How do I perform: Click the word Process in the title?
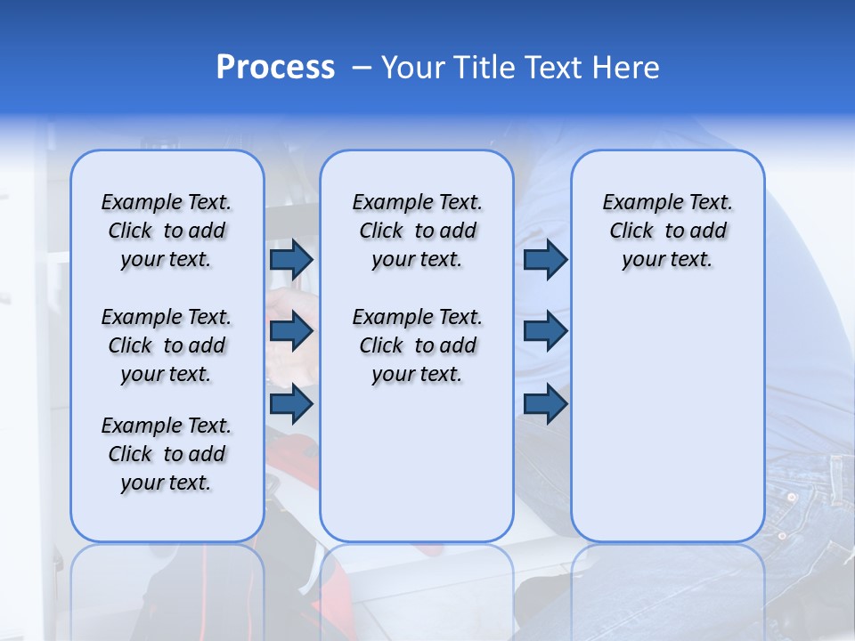click(x=275, y=68)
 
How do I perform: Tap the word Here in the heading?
click(x=623, y=68)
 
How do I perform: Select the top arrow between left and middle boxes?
click(x=291, y=260)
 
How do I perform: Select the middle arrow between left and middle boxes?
click(x=291, y=331)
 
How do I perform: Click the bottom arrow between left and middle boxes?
click(x=291, y=402)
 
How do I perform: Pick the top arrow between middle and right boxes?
click(x=545, y=260)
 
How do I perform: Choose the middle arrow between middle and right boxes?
click(x=545, y=331)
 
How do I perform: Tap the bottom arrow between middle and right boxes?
click(x=545, y=402)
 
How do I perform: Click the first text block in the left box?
click(x=167, y=231)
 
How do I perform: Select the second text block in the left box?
click(x=167, y=345)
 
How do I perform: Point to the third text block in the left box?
click(x=167, y=454)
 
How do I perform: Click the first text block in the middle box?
click(x=417, y=231)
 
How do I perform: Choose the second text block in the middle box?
click(x=417, y=345)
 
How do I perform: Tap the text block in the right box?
click(x=667, y=231)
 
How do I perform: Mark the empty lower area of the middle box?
click(x=417, y=463)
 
